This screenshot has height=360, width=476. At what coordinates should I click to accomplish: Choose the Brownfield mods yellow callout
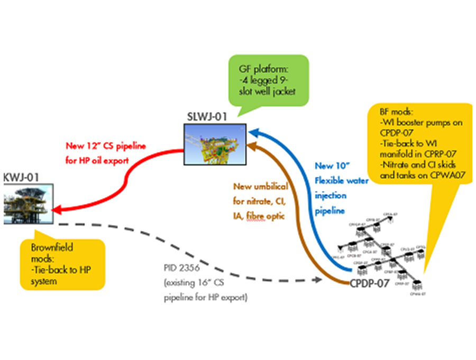tap(61, 263)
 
